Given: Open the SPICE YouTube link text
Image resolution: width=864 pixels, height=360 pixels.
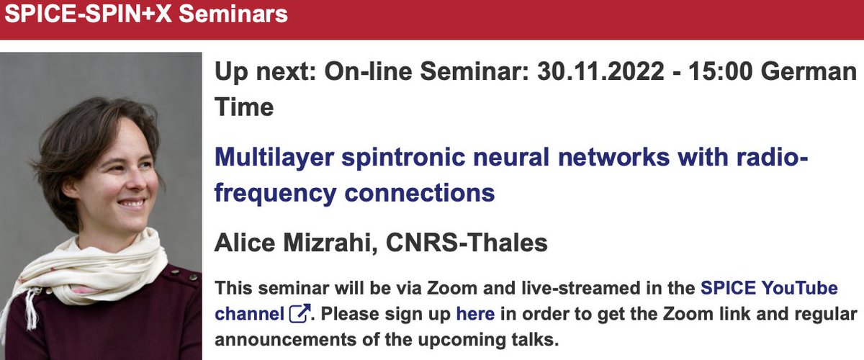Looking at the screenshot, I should pyautogui.click(x=769, y=289).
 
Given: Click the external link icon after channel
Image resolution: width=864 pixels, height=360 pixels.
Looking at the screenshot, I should pyautogui.click(x=300, y=314).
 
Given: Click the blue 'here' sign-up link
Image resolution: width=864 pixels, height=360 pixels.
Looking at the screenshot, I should pyautogui.click(x=475, y=314).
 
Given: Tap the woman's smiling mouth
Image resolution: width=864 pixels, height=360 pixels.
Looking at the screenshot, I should pyautogui.click(x=134, y=203).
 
